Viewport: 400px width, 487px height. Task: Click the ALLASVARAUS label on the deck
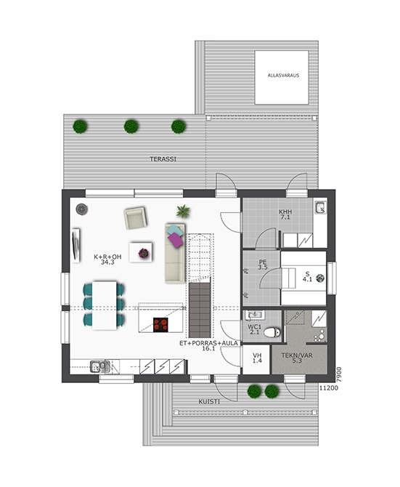click(x=283, y=75)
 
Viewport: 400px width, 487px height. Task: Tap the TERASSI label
click(x=163, y=159)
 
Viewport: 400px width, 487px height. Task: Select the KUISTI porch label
click(x=209, y=401)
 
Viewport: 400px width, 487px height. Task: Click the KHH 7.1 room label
click(x=285, y=214)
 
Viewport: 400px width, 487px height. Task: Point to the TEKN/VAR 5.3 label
click(x=297, y=358)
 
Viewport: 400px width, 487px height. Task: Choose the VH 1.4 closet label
click(x=257, y=358)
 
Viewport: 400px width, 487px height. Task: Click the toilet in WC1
click(x=272, y=332)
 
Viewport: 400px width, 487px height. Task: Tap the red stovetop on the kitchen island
click(x=160, y=325)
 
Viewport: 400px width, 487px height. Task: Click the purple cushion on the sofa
click(x=176, y=240)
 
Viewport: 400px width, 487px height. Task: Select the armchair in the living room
click(x=135, y=218)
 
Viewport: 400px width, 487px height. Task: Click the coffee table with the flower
click(x=141, y=252)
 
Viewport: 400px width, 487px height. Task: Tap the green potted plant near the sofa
click(x=183, y=212)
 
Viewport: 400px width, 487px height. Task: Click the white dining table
click(x=105, y=305)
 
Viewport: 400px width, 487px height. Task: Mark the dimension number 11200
click(x=329, y=388)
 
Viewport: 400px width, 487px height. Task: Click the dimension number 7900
click(x=339, y=374)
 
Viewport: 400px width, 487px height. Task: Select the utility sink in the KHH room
click(x=321, y=207)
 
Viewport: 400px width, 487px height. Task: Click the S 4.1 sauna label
click(x=307, y=276)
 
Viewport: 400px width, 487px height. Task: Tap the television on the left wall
click(x=75, y=246)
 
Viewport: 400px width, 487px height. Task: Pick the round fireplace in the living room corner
click(x=82, y=209)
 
